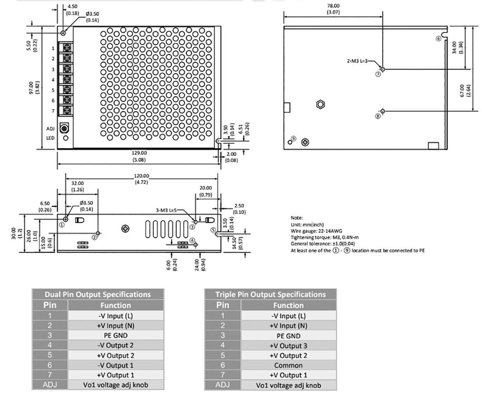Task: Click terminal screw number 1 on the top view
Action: tap(66, 48)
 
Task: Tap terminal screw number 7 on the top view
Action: tap(66, 111)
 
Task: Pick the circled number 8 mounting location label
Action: tap(378, 116)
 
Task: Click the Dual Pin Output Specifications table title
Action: tap(97, 295)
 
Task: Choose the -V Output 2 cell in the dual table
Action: tap(115, 345)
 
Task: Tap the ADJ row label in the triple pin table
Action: tap(222, 385)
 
